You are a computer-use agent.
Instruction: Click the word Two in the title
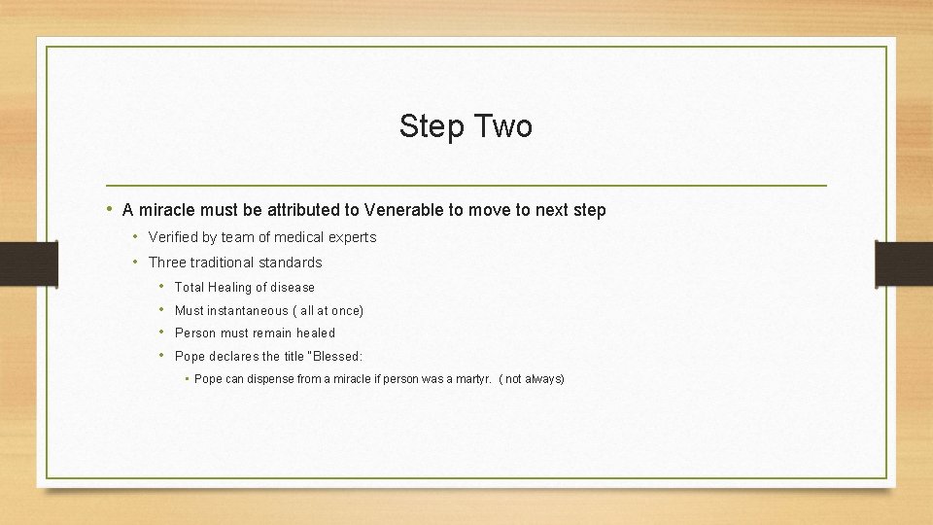[501, 126]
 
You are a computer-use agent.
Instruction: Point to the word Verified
[172, 237]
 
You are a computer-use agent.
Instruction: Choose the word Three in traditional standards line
[166, 262]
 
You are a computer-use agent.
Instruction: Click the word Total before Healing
[190, 288]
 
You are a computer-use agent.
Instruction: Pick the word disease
[293, 288]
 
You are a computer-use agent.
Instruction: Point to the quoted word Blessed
[336, 357]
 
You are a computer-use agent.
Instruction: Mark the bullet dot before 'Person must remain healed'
[161, 332]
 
